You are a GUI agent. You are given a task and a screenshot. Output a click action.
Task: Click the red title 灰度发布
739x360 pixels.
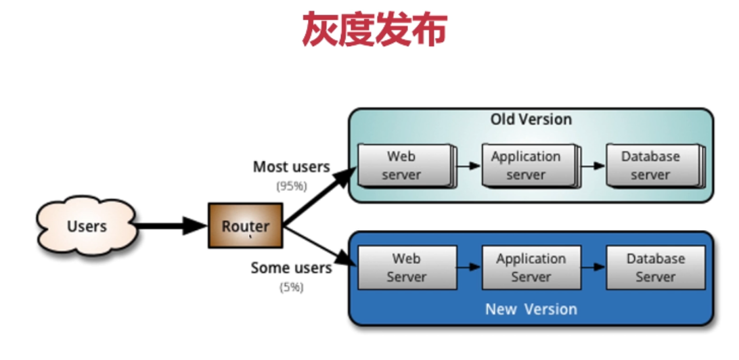point(374,30)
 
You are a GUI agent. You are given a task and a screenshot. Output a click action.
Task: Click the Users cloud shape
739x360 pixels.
point(87,226)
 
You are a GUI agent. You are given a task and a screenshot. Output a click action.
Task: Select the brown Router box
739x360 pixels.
point(245,226)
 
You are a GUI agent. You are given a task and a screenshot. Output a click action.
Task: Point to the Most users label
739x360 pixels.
point(291,166)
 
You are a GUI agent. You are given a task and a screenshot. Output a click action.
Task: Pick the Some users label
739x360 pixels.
point(291,268)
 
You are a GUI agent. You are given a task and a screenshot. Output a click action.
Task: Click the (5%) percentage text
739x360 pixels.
point(291,288)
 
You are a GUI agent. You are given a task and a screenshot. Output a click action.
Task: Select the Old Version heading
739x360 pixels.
point(531,120)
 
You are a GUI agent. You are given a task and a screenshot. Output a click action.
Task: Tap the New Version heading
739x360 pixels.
point(531,309)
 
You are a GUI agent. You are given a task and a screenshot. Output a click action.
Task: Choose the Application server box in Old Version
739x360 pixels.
point(527,166)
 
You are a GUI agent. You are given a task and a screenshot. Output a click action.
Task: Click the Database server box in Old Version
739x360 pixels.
point(651,166)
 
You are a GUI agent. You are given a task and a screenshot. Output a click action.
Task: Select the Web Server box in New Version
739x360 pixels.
point(406,268)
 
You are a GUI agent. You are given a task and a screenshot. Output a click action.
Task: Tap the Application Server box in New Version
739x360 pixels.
point(531,268)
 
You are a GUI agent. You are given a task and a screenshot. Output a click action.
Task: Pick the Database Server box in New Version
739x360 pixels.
point(655,268)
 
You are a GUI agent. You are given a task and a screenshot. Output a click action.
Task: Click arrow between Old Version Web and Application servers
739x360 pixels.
point(468,166)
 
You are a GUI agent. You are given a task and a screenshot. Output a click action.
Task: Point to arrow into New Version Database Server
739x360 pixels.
point(594,267)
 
